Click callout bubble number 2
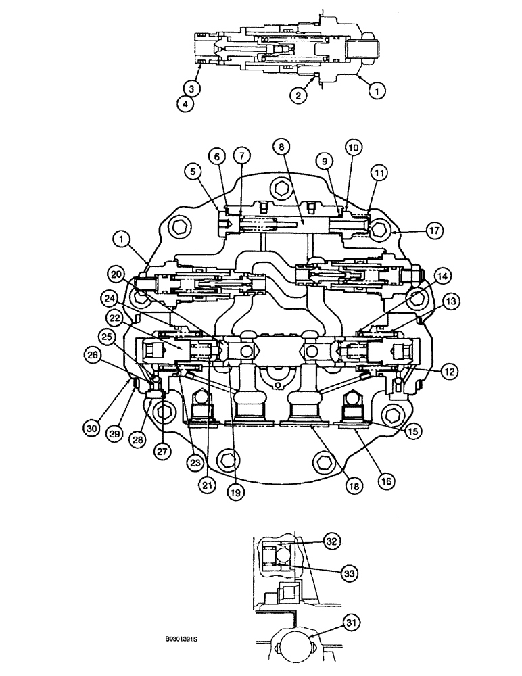click(x=297, y=96)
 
